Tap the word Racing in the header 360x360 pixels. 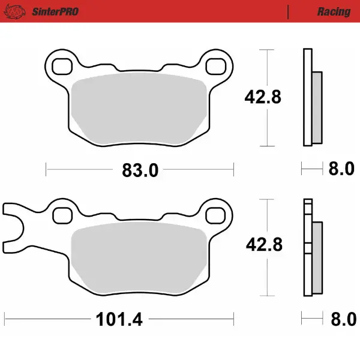[334, 11]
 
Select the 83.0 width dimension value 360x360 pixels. [140, 170]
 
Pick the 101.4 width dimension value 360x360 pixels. [119, 319]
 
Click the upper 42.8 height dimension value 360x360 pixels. [262, 96]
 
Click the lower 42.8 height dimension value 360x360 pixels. [262, 245]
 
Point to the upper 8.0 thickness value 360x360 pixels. [341, 170]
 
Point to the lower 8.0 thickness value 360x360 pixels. [341, 319]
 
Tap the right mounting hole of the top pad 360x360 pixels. [218, 64]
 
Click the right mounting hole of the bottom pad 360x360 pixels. [218, 213]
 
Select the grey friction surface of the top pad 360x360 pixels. [139, 108]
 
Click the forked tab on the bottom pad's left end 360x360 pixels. [15, 229]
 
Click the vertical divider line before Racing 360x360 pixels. [289, 11]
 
